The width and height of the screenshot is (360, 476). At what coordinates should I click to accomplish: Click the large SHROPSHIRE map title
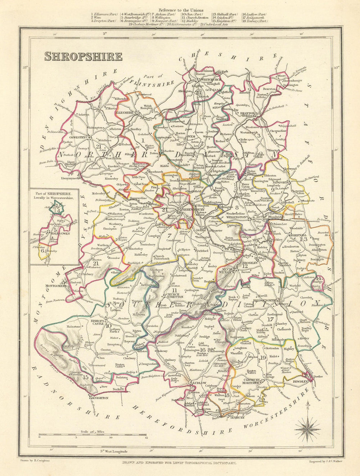point(83,56)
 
